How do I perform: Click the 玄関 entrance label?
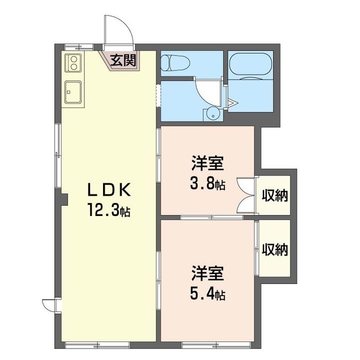point(123,60)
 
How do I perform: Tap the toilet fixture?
point(175,62)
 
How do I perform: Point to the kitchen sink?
point(73,92)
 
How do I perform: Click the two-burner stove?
point(73,62)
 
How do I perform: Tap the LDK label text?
point(109,189)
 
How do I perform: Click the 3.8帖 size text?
point(207,183)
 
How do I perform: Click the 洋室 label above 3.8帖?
point(208,163)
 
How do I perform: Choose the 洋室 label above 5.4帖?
point(208,273)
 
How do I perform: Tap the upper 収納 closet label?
point(275,195)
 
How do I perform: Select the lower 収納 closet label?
point(275,249)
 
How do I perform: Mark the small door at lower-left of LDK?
point(49,305)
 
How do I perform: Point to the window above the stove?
point(78,47)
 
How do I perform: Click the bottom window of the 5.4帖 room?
point(216,345)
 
